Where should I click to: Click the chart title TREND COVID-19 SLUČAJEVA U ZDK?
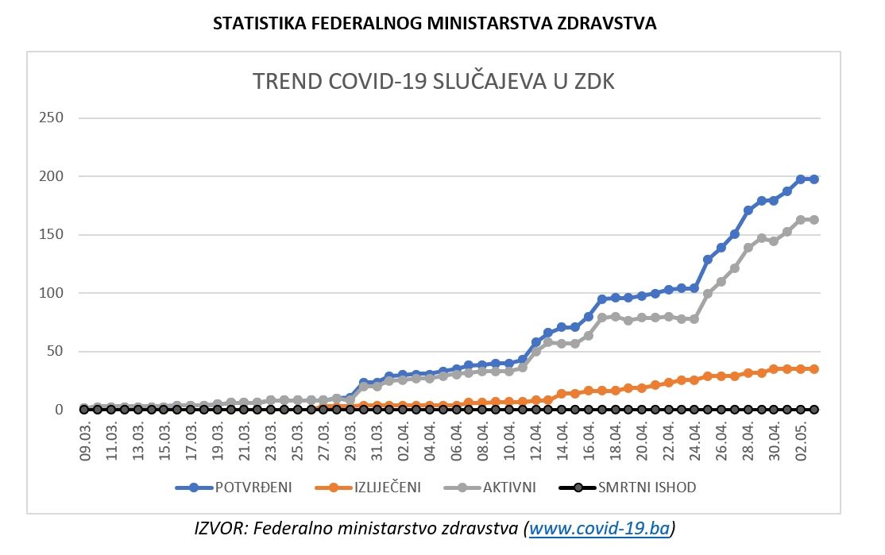point(433,82)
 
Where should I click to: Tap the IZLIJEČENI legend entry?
point(388,487)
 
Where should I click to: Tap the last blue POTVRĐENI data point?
point(814,179)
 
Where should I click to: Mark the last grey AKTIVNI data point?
point(814,220)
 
